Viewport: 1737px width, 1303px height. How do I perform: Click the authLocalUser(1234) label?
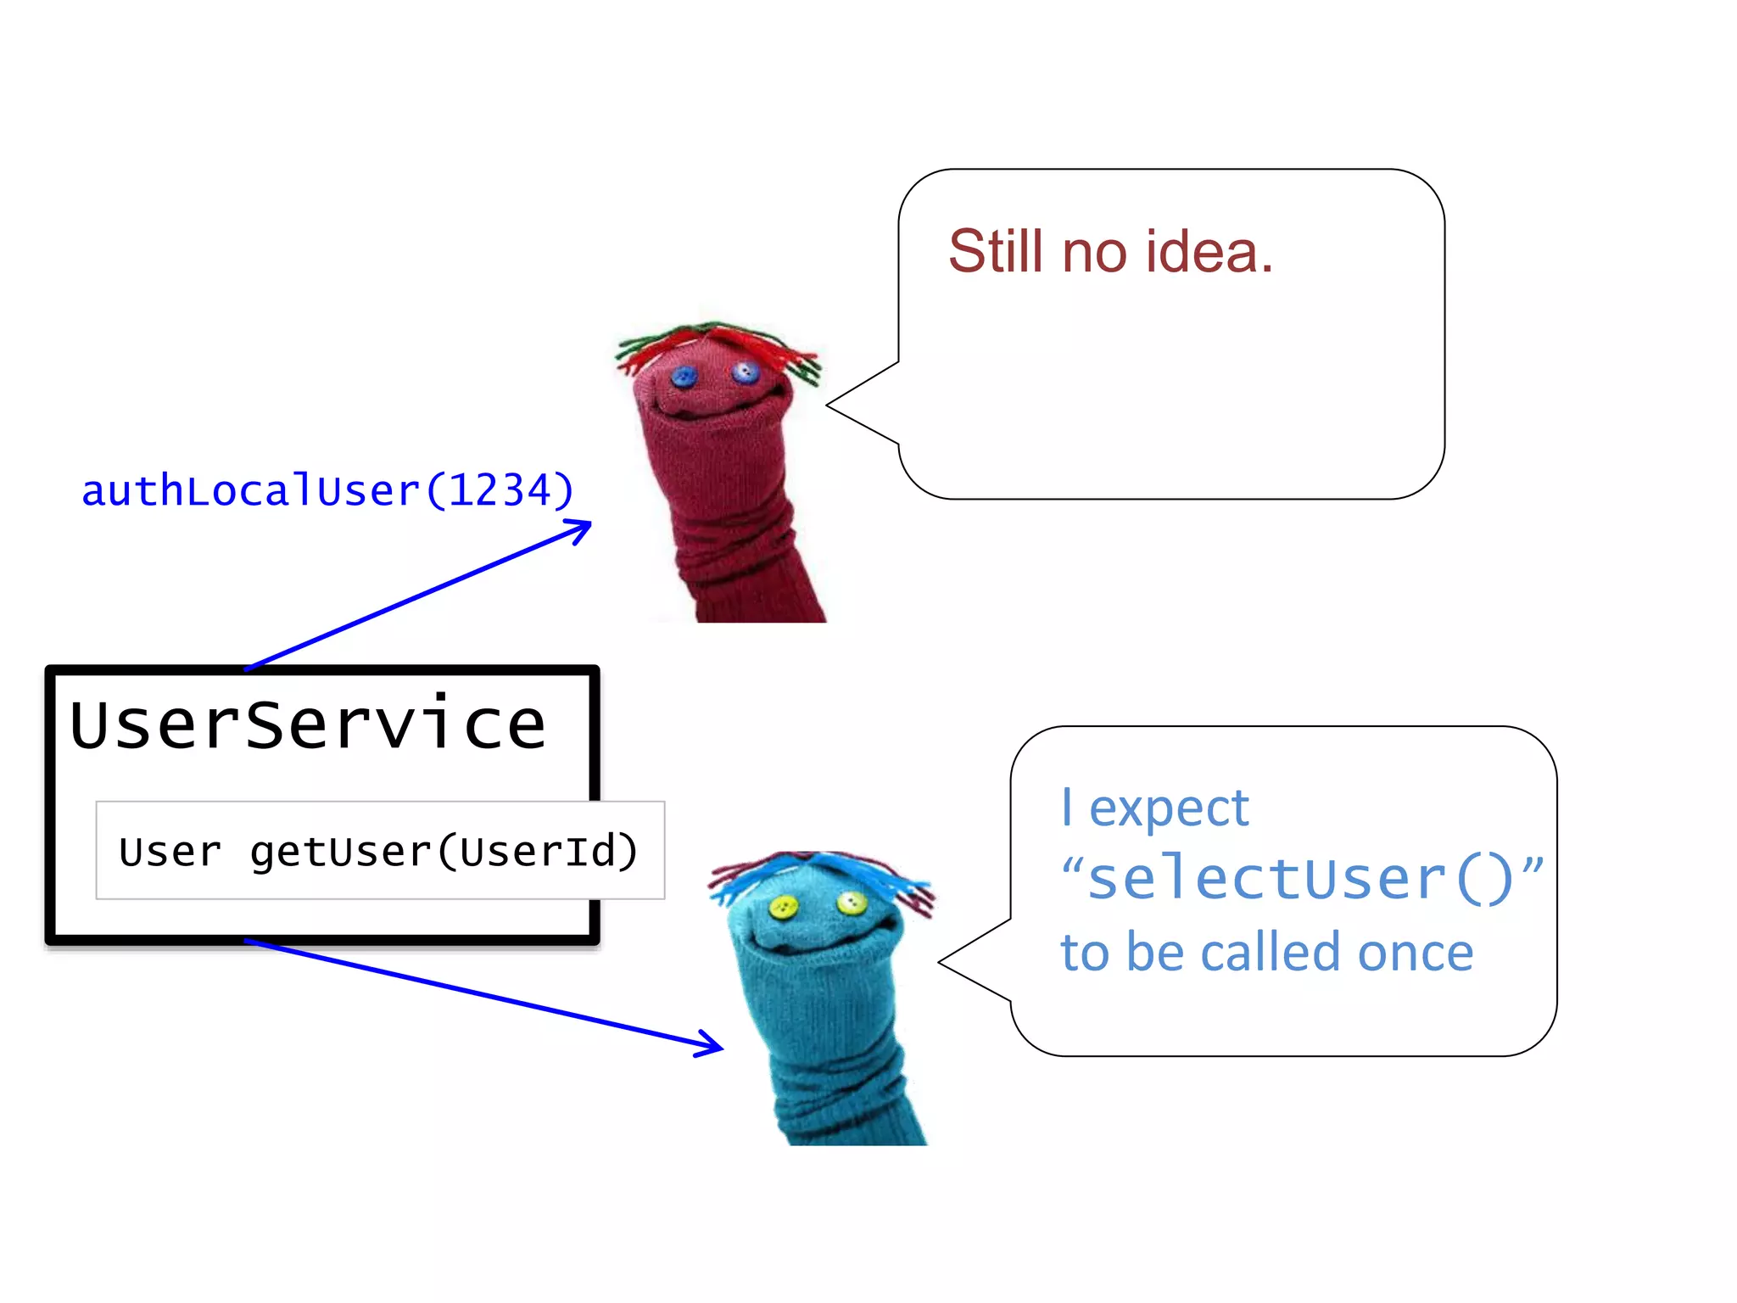pyautogui.click(x=327, y=491)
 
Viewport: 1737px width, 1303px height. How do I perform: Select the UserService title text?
pyautogui.click(x=307, y=725)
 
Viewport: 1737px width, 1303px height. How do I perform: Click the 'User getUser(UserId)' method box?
pyautogui.click(x=379, y=851)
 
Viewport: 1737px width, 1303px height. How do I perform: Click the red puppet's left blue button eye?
pyautogui.click(x=684, y=376)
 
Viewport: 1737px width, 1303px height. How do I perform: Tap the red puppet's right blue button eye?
pyautogui.click(x=746, y=372)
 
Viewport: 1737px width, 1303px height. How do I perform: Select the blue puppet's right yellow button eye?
pyautogui.click(x=851, y=903)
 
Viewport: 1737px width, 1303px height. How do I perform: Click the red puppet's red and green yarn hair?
pyautogui.click(x=717, y=342)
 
